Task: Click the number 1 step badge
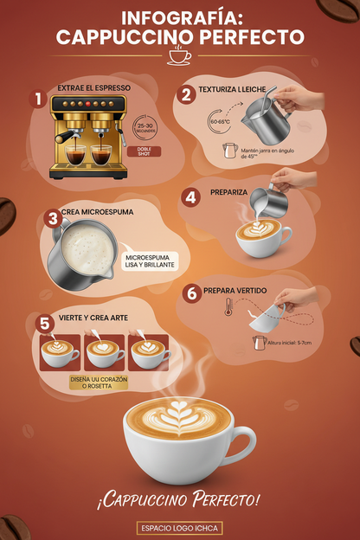point(36,99)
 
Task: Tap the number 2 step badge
point(184,93)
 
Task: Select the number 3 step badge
point(52,218)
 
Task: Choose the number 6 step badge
point(191,292)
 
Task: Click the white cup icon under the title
point(180,57)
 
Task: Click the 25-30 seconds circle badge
point(145,128)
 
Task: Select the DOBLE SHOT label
point(143,151)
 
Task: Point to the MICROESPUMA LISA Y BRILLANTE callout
point(151,261)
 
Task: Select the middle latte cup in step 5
point(103,350)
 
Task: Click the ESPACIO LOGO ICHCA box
point(179,527)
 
